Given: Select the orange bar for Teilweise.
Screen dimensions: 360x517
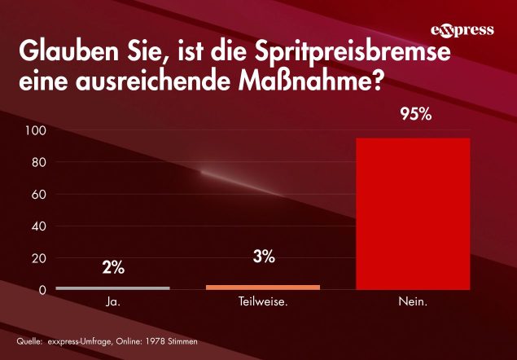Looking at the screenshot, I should (263, 287).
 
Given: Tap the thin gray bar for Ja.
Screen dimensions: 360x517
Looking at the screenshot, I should (112, 288).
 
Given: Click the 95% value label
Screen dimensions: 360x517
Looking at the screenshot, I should (414, 115).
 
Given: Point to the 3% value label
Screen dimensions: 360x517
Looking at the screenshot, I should (263, 257).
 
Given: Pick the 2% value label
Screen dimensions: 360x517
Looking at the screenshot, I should (113, 266).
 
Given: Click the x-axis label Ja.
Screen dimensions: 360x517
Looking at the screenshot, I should (113, 302).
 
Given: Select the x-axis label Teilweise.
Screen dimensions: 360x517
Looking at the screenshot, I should (263, 302).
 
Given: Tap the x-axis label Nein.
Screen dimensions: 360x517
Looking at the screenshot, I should (414, 302).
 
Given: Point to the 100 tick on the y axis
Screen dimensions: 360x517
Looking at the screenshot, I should (36, 130).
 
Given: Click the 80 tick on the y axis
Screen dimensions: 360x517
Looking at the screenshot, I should (39, 162).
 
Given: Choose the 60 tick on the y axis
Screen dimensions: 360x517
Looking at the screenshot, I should (39, 194).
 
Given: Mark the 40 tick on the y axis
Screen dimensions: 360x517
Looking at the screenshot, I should (39, 226).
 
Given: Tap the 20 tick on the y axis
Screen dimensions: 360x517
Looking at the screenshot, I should (39, 258).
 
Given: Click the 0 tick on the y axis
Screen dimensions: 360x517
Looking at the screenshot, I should (42, 290).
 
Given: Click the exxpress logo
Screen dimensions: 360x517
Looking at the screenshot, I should (462, 31).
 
